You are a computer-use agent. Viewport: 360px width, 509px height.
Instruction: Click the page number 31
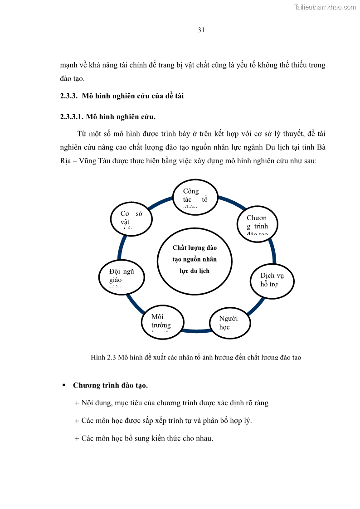201,30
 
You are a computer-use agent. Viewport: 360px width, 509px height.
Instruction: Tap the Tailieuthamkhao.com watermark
325,7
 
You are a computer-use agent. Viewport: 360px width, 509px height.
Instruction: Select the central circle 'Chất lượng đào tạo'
195,261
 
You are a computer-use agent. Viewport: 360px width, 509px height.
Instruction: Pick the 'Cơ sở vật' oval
131,218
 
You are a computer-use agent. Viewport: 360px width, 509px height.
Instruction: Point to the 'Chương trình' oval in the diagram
258,223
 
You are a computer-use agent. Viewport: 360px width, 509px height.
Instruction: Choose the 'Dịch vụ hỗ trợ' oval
272,281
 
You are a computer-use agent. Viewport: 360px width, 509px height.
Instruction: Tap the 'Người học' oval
229,323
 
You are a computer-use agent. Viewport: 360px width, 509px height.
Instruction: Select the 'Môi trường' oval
163,322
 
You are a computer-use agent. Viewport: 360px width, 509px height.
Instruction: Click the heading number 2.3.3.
69,96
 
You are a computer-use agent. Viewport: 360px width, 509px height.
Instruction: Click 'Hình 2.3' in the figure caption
104,357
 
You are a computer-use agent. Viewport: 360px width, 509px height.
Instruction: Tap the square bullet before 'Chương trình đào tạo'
64,385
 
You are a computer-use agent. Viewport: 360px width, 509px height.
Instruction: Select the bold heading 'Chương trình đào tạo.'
110,385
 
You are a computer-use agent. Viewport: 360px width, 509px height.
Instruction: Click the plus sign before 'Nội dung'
77,403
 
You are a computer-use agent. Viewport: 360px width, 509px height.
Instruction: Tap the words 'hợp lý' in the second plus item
239,421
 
